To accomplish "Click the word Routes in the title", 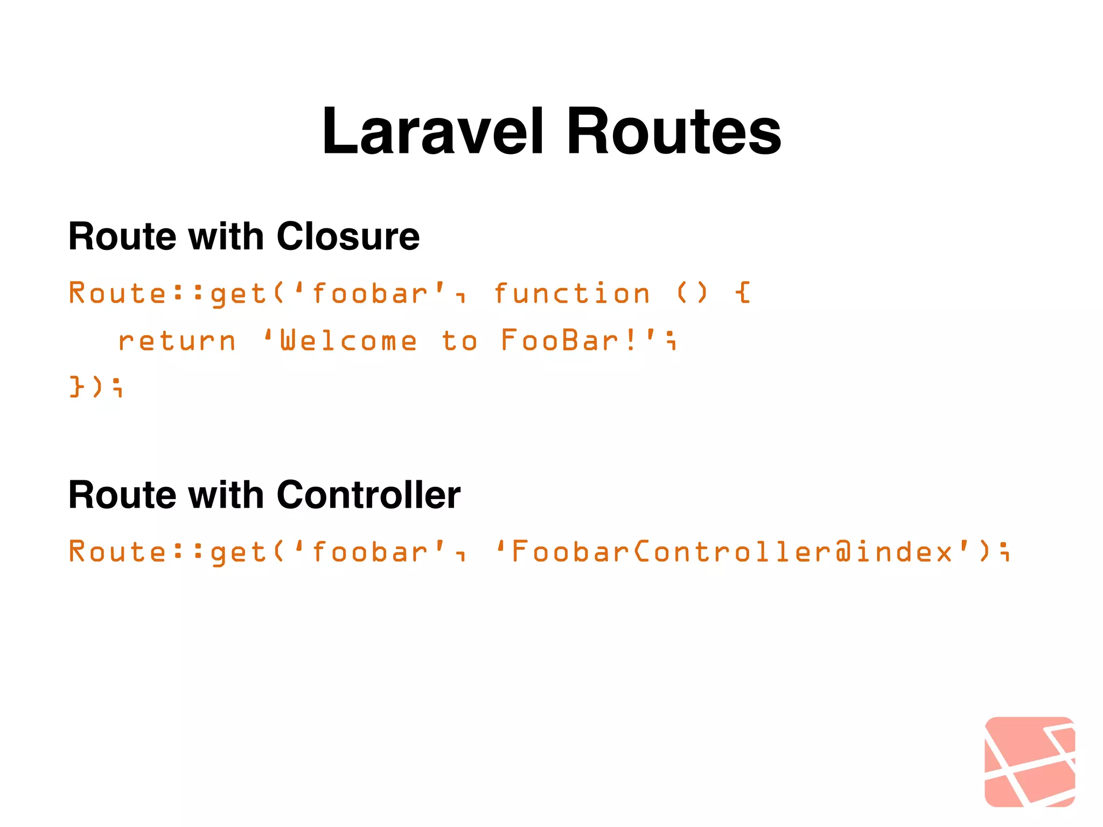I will [673, 132].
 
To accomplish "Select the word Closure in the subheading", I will [348, 236].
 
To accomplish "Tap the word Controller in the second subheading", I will [368, 495].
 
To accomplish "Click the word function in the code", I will [571, 294].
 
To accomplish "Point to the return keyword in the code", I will [177, 341].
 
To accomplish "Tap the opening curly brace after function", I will [743, 293].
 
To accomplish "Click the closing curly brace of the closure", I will [76, 387].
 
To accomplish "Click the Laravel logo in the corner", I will [1029, 761].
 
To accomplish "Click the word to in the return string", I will [459, 341].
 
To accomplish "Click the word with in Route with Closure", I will [226, 236].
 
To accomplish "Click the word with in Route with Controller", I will [226, 495].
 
